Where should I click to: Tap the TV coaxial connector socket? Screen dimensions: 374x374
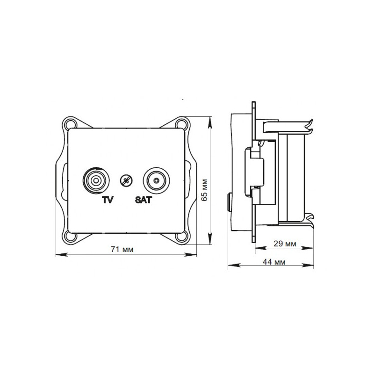96,180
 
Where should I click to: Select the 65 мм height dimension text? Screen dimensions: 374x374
204,189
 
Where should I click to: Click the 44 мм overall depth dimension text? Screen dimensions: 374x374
274,262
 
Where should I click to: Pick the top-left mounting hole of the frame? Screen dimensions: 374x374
72,124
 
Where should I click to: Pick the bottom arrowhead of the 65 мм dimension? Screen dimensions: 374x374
209,244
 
